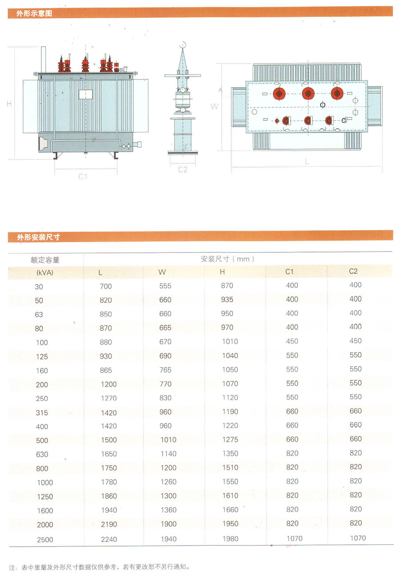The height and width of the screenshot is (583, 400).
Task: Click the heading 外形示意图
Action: [x=34, y=13]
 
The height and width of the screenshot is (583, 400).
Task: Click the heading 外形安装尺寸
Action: [x=38, y=237]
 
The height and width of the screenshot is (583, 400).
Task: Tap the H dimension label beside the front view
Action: [x=9, y=104]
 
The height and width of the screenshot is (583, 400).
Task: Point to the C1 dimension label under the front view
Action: [x=83, y=176]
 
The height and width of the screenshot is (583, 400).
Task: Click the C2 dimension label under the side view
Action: [x=183, y=169]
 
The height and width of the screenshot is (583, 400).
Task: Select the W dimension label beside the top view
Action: [x=215, y=106]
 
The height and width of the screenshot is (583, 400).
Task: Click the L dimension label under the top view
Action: [x=307, y=161]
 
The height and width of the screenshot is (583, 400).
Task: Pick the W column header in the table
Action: [x=162, y=272]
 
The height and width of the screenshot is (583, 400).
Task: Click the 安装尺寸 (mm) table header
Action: [x=228, y=259]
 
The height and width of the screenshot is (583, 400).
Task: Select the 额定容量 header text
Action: [x=45, y=260]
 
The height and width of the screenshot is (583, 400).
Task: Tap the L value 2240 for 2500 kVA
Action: [x=109, y=539]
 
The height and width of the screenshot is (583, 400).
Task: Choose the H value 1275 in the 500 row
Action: [x=229, y=439]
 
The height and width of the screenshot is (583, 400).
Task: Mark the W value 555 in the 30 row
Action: [x=165, y=286]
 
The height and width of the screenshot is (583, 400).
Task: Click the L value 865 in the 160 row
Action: [x=106, y=370]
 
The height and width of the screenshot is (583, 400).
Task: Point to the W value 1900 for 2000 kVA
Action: [x=168, y=524]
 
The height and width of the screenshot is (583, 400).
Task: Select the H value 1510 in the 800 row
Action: [x=229, y=467]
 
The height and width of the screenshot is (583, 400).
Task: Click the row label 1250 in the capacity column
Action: [x=45, y=497]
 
